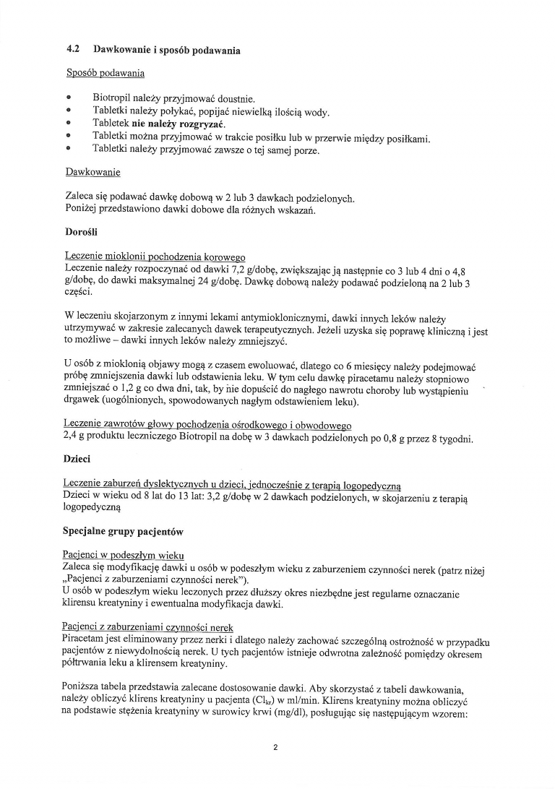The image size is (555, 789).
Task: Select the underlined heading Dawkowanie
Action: [x=92, y=173]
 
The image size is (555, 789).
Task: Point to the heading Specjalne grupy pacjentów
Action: [x=124, y=533]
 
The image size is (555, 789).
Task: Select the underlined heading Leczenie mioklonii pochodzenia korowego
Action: [x=155, y=257]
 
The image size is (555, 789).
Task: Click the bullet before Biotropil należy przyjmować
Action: [x=69, y=98]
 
